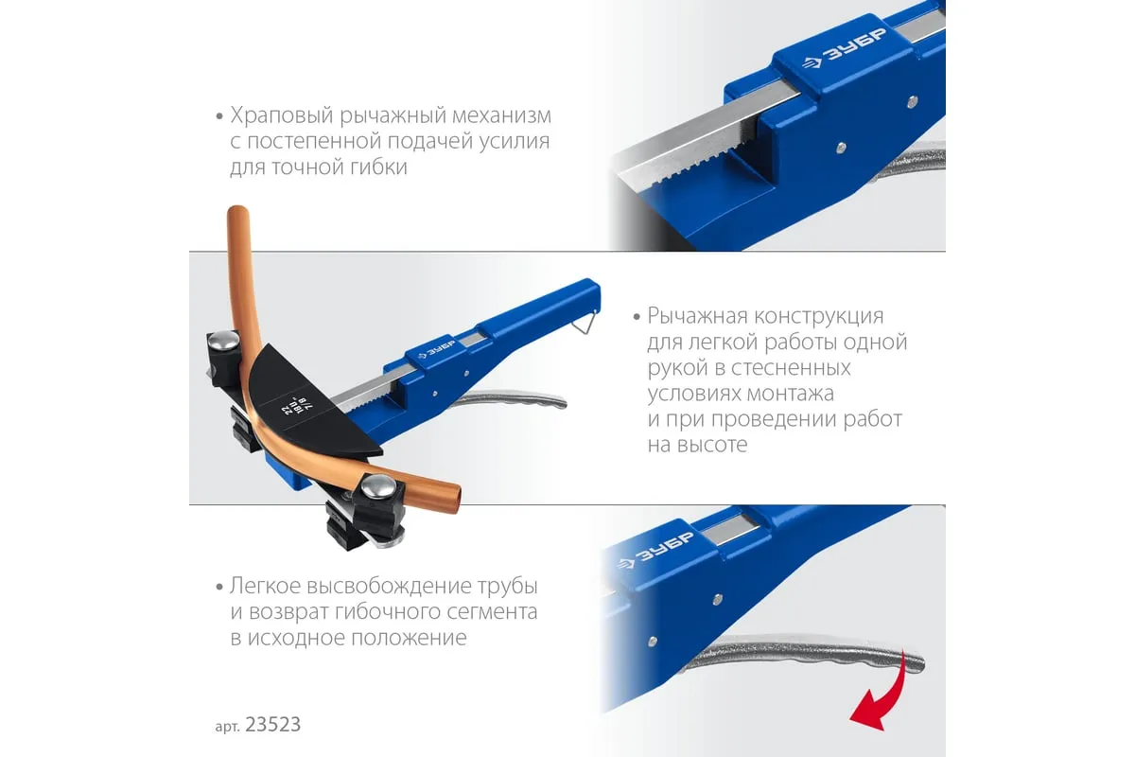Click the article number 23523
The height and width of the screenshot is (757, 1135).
tap(272, 725)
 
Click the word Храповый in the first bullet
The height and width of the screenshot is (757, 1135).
tap(282, 116)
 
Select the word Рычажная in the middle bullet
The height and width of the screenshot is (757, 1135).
tap(697, 316)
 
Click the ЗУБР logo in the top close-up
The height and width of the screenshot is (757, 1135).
tap(845, 50)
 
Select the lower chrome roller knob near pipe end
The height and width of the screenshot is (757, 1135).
tap(378, 486)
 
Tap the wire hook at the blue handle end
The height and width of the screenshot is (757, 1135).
tap(585, 322)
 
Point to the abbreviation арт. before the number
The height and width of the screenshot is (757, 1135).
tap(228, 727)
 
